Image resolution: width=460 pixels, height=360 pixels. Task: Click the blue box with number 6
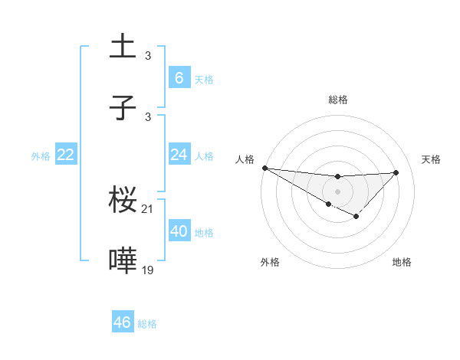[x=179, y=78]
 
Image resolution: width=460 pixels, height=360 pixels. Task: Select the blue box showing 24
[x=179, y=155]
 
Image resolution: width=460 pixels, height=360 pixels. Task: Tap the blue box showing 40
[x=179, y=231]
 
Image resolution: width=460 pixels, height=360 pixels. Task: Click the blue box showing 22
[x=66, y=155]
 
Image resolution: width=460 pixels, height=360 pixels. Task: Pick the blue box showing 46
[x=123, y=322]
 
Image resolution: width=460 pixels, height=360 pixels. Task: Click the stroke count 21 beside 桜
[x=148, y=209]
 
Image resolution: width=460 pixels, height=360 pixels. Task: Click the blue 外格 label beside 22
[x=41, y=155]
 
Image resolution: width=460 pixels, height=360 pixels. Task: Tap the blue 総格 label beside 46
[x=147, y=323]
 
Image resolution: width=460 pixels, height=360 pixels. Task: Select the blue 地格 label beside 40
[x=204, y=232]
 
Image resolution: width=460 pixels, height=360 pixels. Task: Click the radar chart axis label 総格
[x=337, y=100]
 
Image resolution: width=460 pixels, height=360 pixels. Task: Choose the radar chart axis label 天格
[x=431, y=159]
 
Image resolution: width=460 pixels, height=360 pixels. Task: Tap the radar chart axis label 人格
[x=245, y=159]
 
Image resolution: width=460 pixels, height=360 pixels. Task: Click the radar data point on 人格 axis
[x=264, y=168]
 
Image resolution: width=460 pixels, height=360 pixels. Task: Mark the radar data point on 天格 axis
[x=396, y=172]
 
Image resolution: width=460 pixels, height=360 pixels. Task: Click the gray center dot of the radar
[x=337, y=191]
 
